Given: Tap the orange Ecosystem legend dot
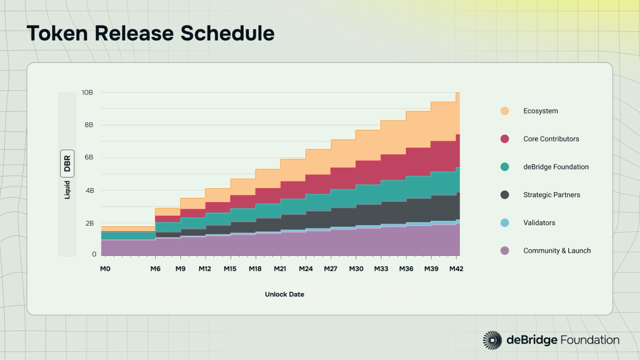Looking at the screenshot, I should [505, 111].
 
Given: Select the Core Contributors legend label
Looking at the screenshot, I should [551, 139].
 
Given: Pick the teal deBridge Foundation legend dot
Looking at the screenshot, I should [505, 167].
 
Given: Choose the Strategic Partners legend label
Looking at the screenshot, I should [551, 195].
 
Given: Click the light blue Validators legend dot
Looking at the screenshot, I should [505, 223].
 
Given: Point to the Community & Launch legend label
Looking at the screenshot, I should [557, 251].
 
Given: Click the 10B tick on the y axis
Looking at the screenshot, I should [87, 92].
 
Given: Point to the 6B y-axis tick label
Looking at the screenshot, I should [89, 157].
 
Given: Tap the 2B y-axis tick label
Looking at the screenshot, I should [89, 223].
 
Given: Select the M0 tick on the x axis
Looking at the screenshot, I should [105, 269].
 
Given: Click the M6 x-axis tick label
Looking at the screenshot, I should [155, 269].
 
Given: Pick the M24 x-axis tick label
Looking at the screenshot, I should [306, 269].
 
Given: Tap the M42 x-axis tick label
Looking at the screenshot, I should [456, 269].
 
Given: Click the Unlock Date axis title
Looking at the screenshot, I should [284, 294].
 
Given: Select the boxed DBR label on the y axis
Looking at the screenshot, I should [67, 163].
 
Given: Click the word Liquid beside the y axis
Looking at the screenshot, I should [67, 189].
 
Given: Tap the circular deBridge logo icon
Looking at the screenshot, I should [492, 340].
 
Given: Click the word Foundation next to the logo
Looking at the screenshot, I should [590, 340].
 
